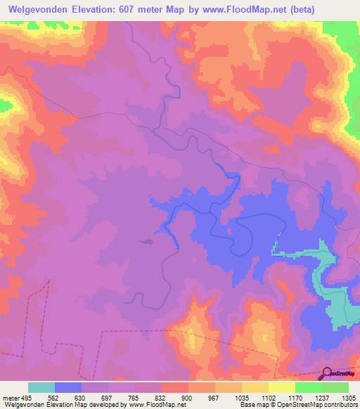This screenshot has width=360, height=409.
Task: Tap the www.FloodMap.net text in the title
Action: click(x=242, y=10)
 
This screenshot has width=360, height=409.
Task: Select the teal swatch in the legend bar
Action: click(x=41, y=388)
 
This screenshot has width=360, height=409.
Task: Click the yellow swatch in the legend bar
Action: click(x=281, y=388)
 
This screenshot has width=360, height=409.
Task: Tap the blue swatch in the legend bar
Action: click(x=68, y=388)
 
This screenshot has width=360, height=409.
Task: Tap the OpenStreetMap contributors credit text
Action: click(x=321, y=404)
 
